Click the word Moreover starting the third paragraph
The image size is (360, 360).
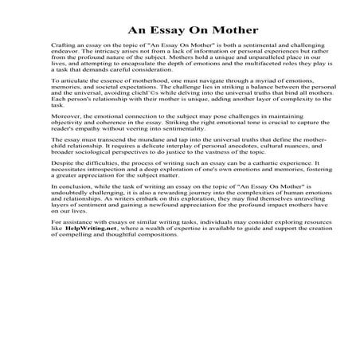[x=65, y=119]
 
